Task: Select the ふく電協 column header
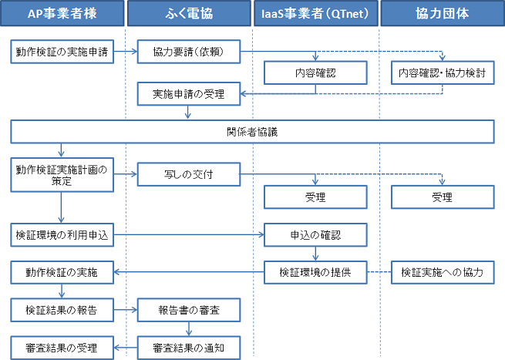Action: click(188, 14)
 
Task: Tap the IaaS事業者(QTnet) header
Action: click(315, 14)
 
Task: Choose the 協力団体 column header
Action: click(441, 14)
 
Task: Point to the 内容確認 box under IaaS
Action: click(315, 73)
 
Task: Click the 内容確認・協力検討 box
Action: click(442, 73)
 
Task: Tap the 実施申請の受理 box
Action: click(188, 94)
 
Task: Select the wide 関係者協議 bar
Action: click(252, 132)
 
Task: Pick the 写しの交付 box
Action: click(188, 174)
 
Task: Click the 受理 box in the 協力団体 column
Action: click(442, 197)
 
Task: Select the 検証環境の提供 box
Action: click(315, 272)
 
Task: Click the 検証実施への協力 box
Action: click(442, 272)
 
